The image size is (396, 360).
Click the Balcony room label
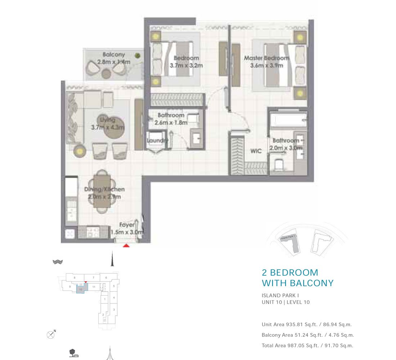(x=114, y=55)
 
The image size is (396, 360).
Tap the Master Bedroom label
(x=266, y=58)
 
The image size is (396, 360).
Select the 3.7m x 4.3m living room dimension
(x=108, y=127)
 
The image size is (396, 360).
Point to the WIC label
(x=256, y=151)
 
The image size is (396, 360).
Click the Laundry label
(x=157, y=140)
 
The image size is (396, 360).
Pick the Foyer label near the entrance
(x=127, y=225)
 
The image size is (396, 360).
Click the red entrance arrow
(x=126, y=246)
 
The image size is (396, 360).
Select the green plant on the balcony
(x=137, y=55)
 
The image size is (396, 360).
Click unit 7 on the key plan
(x=93, y=278)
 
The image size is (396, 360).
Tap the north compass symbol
(x=51, y=335)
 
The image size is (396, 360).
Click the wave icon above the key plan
(x=58, y=262)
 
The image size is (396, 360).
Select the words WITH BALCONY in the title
(x=297, y=283)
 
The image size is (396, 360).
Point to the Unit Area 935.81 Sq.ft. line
(x=306, y=324)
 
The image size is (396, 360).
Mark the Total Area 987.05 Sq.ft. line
(x=307, y=346)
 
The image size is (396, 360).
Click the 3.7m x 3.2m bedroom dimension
(x=186, y=66)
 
